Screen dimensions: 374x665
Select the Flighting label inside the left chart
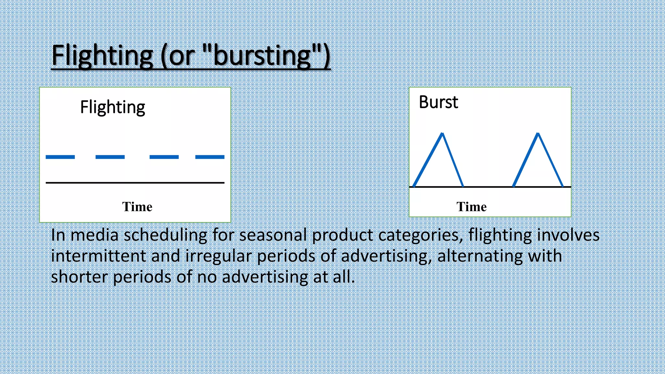coord(112,107)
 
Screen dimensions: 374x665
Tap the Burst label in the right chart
coord(438,102)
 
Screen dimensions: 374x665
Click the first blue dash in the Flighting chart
coord(60,157)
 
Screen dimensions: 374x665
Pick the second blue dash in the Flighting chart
coord(110,157)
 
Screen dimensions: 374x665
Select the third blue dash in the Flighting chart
coord(164,157)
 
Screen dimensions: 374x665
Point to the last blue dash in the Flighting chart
coord(210,157)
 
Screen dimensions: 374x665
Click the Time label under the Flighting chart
coord(137,207)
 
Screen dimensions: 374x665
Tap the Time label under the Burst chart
coord(471,207)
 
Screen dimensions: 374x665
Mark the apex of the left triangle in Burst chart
coord(442,133)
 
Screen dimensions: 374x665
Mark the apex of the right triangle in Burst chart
coord(538,133)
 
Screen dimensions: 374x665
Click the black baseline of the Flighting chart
coord(135,183)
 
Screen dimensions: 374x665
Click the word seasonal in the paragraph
coord(273,235)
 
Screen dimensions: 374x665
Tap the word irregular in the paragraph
coord(218,256)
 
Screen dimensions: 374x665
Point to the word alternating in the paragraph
coord(480,256)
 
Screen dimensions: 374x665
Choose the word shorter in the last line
coord(79,277)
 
